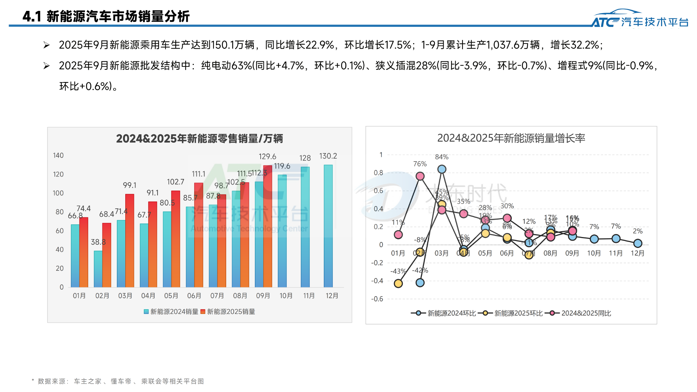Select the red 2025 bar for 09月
pos(268,226)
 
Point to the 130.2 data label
pos(328,156)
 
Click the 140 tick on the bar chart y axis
pos(58,155)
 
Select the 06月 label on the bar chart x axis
pos(194,296)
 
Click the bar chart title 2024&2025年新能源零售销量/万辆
pos(199,139)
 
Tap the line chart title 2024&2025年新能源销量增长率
pos(511,138)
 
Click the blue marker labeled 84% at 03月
pos(442,169)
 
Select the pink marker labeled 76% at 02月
pos(420,176)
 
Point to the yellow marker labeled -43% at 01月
pos(398,283)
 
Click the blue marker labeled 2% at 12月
pos(638,243)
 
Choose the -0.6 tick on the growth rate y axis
pos(377,299)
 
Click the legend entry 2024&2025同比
pos(586,313)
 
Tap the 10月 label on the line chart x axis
pos(594,253)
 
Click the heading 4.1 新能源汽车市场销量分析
pos(106,16)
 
